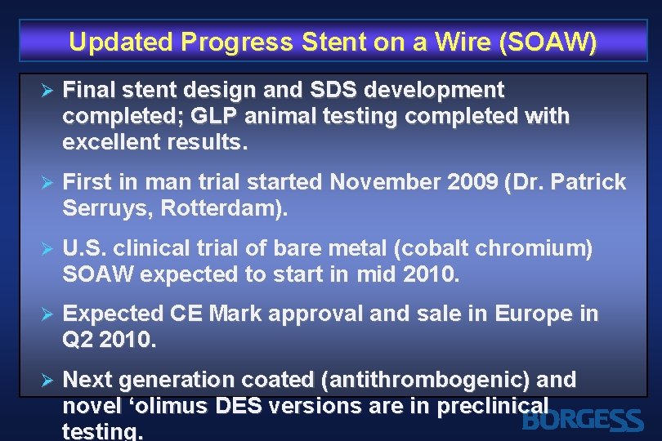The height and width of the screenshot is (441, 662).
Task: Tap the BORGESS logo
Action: (x=582, y=421)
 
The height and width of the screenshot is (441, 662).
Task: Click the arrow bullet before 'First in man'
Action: (x=47, y=181)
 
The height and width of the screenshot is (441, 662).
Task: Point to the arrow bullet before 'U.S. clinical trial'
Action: (x=47, y=248)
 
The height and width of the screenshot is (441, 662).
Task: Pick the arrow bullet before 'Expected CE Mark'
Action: (x=47, y=314)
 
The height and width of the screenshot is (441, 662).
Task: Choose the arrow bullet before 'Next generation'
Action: (x=47, y=380)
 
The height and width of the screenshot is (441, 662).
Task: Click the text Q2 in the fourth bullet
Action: (x=78, y=340)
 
